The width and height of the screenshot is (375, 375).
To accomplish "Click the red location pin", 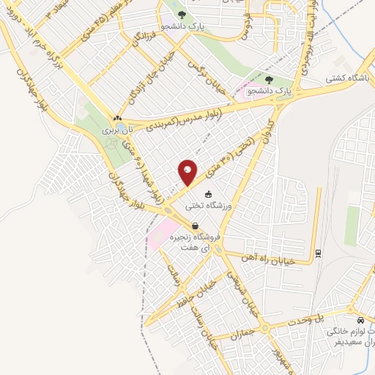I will point(187,174).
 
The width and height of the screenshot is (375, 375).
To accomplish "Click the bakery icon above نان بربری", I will point(116,117).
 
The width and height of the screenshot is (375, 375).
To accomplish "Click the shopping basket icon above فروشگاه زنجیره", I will point(196,226).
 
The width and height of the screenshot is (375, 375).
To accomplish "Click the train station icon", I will point(318,254).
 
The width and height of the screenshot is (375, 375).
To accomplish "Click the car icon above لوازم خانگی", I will point(361,321).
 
